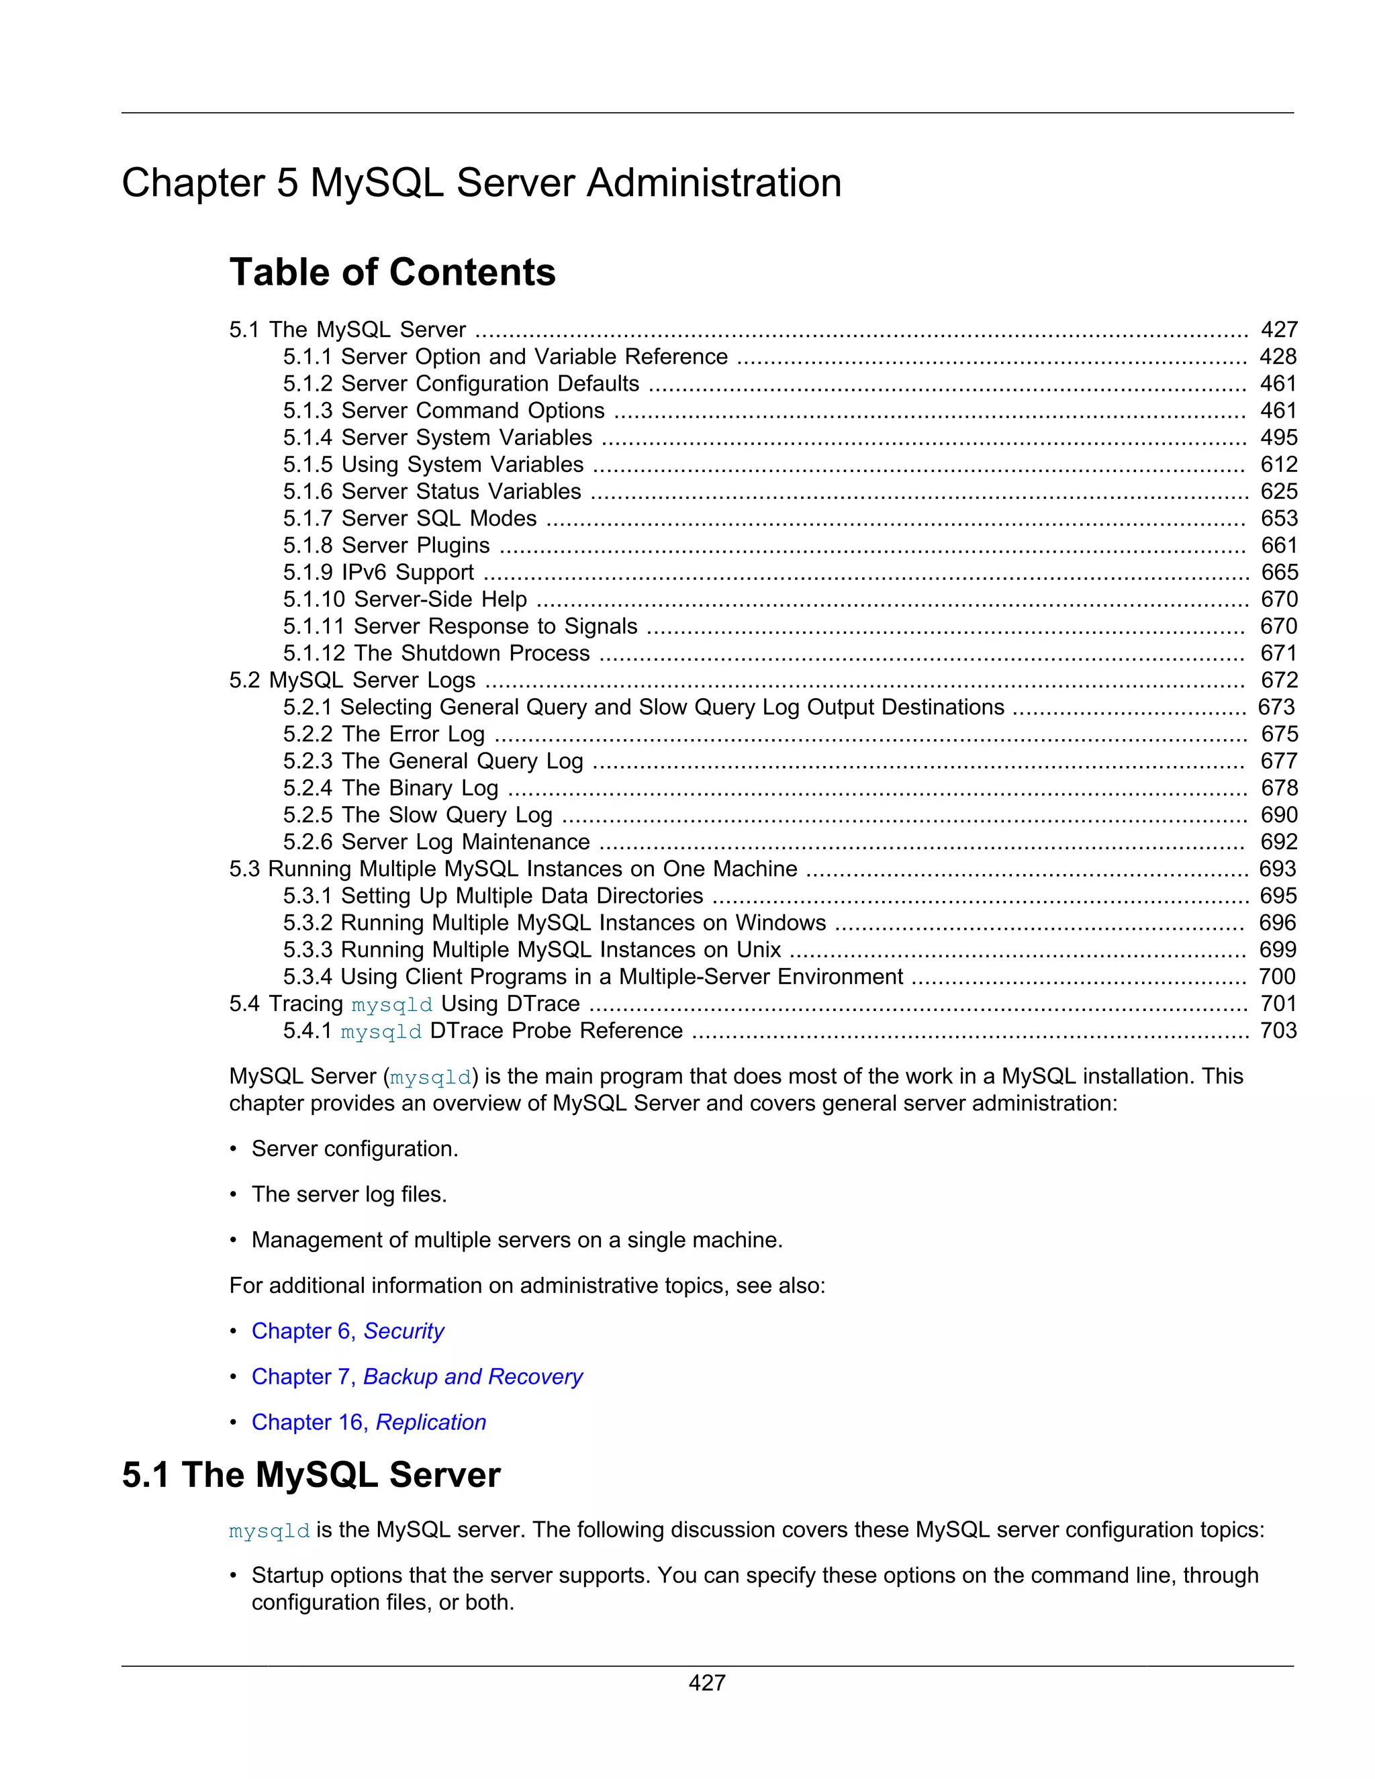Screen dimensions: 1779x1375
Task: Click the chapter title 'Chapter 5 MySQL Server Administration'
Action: coord(481,183)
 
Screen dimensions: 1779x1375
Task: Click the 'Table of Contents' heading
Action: coord(392,272)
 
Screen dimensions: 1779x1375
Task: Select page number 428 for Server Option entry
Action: coord(1277,356)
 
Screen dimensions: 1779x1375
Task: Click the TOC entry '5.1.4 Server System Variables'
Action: coord(438,438)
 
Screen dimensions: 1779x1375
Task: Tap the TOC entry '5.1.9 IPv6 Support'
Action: coord(378,572)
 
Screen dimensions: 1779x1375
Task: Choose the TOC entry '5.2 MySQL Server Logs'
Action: coord(352,680)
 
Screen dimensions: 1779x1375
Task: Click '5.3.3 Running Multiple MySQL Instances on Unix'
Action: coord(532,950)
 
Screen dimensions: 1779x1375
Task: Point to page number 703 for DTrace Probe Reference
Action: coord(1277,1030)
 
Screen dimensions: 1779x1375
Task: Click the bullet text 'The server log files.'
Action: coord(348,1194)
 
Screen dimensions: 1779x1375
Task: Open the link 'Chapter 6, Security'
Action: coord(348,1331)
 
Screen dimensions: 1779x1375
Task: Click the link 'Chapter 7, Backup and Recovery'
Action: coord(416,1377)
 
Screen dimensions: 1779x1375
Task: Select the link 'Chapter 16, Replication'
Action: coord(368,1423)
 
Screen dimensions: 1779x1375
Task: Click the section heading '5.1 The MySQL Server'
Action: coord(311,1475)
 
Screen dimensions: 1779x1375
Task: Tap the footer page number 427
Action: coord(706,1683)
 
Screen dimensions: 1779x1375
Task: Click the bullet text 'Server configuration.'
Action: coord(354,1149)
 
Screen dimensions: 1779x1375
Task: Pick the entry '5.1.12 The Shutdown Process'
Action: coord(436,653)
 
